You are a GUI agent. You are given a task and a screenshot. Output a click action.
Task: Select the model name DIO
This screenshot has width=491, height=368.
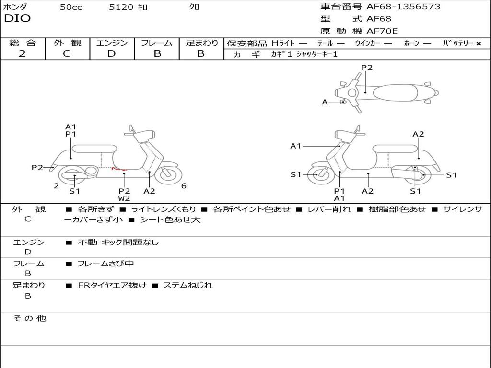[17, 19]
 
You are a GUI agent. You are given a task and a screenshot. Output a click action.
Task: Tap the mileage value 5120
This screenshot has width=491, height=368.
[118, 7]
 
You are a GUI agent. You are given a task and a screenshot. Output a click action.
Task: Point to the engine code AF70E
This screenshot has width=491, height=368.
[382, 32]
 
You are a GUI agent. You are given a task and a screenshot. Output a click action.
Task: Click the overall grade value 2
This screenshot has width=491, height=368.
[22, 54]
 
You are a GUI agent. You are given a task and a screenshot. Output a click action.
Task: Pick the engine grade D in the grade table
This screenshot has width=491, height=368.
[111, 54]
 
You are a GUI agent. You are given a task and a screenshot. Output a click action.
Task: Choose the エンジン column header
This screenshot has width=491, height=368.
[112, 43]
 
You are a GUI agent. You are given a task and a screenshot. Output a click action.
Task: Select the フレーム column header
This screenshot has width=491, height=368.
[156, 43]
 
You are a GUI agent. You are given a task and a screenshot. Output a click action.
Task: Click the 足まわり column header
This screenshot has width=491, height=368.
[201, 43]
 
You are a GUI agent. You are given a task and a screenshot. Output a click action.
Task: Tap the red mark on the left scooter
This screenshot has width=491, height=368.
[118, 169]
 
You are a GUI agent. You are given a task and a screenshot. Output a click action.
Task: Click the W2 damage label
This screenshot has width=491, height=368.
[124, 198]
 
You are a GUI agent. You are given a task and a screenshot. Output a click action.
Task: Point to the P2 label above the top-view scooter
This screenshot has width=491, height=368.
[367, 68]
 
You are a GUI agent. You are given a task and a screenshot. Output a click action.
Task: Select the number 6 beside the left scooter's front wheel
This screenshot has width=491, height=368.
[184, 186]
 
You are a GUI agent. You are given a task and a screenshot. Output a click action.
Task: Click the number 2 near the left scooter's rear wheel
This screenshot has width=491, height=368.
[56, 186]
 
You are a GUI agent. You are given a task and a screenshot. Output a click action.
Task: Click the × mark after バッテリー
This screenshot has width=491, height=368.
[478, 44]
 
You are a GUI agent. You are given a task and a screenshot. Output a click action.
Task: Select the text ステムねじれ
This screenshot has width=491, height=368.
[187, 285]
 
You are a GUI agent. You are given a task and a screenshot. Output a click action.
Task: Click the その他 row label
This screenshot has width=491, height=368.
[29, 318]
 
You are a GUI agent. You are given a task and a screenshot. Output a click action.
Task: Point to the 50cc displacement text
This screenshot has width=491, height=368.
[71, 7]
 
